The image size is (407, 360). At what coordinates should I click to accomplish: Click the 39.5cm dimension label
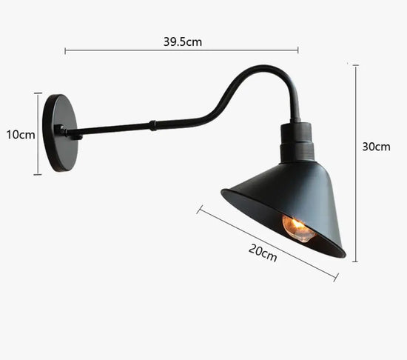click(x=182, y=42)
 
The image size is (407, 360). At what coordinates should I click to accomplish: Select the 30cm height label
click(x=376, y=147)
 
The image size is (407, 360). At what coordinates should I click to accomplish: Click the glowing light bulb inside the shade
click(x=298, y=227)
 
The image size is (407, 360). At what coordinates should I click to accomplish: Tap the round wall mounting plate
click(x=59, y=133)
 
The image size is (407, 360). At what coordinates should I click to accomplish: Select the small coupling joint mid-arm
click(x=153, y=125)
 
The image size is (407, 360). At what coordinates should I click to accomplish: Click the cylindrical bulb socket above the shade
click(x=297, y=142)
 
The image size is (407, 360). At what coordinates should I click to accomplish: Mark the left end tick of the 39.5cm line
click(x=65, y=51)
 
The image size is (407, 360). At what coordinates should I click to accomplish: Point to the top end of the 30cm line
click(x=355, y=65)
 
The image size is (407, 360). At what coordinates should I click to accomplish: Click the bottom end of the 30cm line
click(x=355, y=261)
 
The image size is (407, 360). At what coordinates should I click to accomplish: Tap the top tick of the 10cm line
click(x=38, y=93)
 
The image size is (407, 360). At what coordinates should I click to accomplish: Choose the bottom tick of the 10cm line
click(x=38, y=175)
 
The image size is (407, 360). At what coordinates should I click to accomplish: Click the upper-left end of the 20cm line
click(x=199, y=210)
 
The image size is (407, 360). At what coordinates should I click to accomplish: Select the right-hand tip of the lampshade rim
click(x=343, y=255)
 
